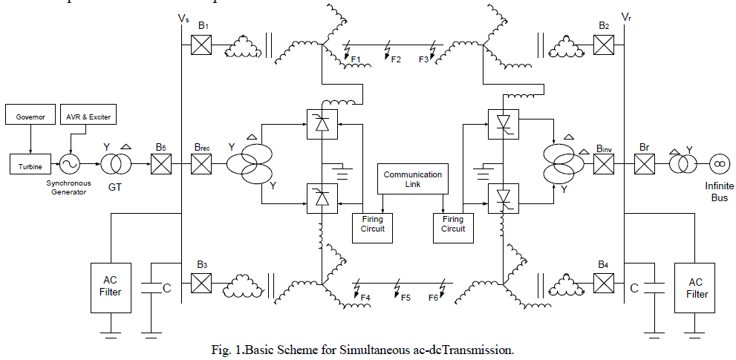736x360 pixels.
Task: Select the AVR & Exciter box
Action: (88, 117)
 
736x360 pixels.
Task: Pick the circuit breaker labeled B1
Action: (202, 45)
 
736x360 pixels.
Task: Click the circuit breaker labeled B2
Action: (604, 45)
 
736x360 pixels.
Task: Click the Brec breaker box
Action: (202, 163)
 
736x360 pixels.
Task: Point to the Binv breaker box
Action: (604, 163)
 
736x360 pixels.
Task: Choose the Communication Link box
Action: (412, 180)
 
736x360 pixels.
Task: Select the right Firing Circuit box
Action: (453, 225)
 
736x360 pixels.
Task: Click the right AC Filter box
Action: (695, 288)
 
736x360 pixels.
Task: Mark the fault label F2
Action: (396, 59)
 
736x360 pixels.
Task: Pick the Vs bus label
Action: (184, 16)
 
